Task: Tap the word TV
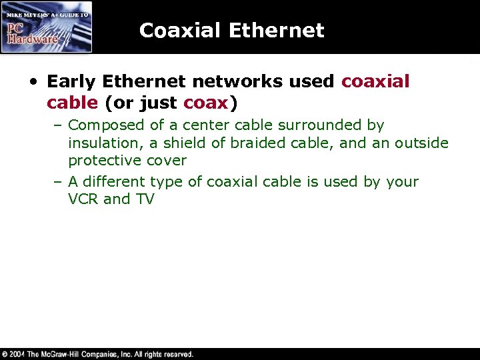(x=145, y=199)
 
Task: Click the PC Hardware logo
(x=47, y=27)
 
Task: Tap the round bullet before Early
(x=32, y=82)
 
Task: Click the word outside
(x=421, y=143)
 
